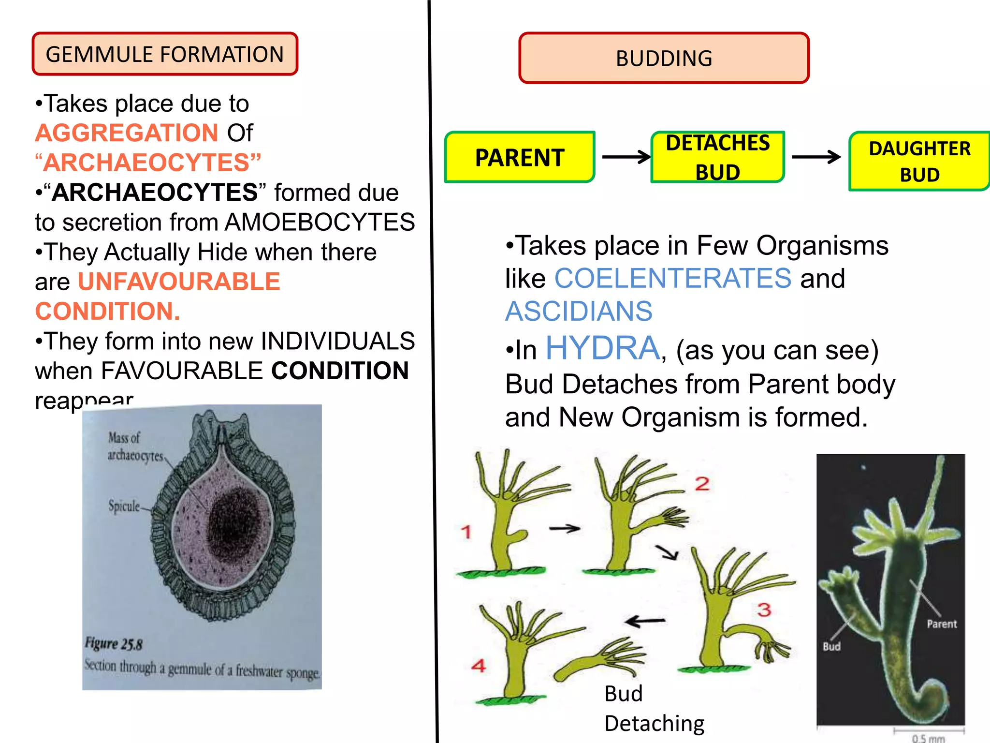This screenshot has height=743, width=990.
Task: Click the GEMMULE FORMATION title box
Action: (x=165, y=54)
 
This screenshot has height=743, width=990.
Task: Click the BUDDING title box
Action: (x=664, y=58)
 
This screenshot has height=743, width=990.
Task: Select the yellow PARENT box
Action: (x=520, y=157)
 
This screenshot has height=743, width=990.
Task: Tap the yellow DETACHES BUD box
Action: (x=718, y=157)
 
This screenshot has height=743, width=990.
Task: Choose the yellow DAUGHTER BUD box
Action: (x=919, y=161)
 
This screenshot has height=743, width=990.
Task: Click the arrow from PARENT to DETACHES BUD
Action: (x=626, y=157)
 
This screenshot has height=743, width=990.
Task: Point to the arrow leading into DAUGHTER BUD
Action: (x=816, y=157)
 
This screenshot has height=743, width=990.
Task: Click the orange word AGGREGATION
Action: (x=127, y=133)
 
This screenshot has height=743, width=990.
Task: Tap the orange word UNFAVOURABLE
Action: (x=179, y=282)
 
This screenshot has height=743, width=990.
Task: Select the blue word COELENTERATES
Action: (x=672, y=278)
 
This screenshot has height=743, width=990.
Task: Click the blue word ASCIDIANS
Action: (x=579, y=311)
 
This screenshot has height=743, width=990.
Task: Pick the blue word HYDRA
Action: (x=602, y=348)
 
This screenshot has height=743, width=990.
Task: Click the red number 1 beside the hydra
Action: (x=466, y=532)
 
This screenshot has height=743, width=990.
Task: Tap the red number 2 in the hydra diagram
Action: (x=702, y=484)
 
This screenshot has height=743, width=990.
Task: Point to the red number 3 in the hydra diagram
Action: (x=764, y=609)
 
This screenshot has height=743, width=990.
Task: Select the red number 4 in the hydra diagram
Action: (x=479, y=666)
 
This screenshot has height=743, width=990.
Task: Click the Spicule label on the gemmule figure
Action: (x=124, y=506)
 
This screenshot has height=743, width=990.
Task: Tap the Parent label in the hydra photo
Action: (x=942, y=624)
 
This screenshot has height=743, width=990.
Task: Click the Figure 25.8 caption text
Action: (x=114, y=644)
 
